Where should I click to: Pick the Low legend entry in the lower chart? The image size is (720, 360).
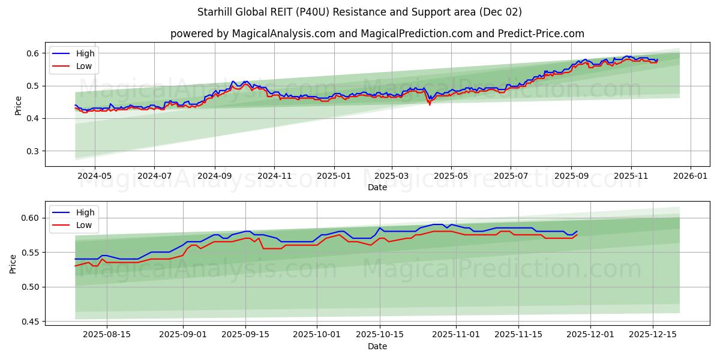[84, 225]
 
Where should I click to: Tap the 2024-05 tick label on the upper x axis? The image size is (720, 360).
[95, 176]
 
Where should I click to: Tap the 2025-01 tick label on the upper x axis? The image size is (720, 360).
[334, 176]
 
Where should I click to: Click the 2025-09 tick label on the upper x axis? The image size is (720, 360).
[571, 176]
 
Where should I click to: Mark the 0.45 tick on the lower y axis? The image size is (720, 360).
[31, 322]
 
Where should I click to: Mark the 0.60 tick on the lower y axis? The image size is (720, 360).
[31, 218]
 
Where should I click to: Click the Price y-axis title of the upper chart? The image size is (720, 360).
[18, 104]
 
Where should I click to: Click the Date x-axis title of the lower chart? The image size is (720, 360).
[377, 346]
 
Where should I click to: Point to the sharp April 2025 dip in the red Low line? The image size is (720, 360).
[429, 104]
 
